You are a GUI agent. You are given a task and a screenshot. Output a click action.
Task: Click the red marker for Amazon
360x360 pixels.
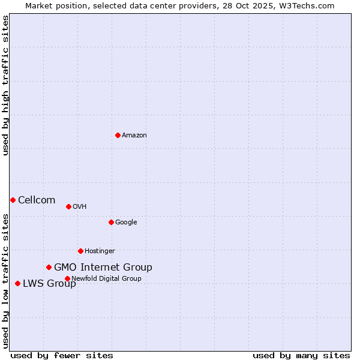click(x=118, y=135)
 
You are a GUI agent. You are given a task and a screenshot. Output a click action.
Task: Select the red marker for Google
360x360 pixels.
click(x=111, y=222)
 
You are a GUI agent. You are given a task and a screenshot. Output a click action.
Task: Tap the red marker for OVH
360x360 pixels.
click(x=68, y=206)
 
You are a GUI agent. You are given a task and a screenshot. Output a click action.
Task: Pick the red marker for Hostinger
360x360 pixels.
click(x=80, y=251)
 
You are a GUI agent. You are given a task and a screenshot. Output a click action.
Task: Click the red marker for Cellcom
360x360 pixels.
click(x=13, y=200)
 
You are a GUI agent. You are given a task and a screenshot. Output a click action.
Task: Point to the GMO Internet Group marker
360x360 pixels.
click(x=49, y=267)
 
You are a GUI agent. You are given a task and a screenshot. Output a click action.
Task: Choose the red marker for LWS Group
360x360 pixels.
click(x=17, y=283)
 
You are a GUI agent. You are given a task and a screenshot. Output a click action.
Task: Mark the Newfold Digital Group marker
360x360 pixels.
click(x=67, y=278)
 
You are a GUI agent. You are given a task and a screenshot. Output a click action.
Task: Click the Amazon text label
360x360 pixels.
click(x=134, y=136)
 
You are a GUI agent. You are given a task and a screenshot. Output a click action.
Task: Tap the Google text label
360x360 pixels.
click(x=126, y=223)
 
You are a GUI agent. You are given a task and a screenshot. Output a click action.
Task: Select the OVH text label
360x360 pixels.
click(x=80, y=207)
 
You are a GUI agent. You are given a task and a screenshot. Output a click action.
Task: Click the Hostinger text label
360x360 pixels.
click(x=100, y=251)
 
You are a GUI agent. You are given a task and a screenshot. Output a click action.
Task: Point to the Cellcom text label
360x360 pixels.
click(x=37, y=200)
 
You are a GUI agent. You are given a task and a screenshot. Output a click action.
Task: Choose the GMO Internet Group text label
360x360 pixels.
click(x=103, y=268)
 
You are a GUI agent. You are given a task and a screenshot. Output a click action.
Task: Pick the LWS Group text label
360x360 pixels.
click(x=49, y=284)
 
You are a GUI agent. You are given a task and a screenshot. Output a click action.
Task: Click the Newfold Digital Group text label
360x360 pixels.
click(x=106, y=279)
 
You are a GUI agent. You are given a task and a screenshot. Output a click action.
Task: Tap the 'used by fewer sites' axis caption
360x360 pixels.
click(x=62, y=356)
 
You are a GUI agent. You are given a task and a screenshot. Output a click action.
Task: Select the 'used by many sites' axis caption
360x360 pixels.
click(x=301, y=356)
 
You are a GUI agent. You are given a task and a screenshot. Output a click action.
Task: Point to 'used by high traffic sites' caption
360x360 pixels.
click(x=5, y=85)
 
